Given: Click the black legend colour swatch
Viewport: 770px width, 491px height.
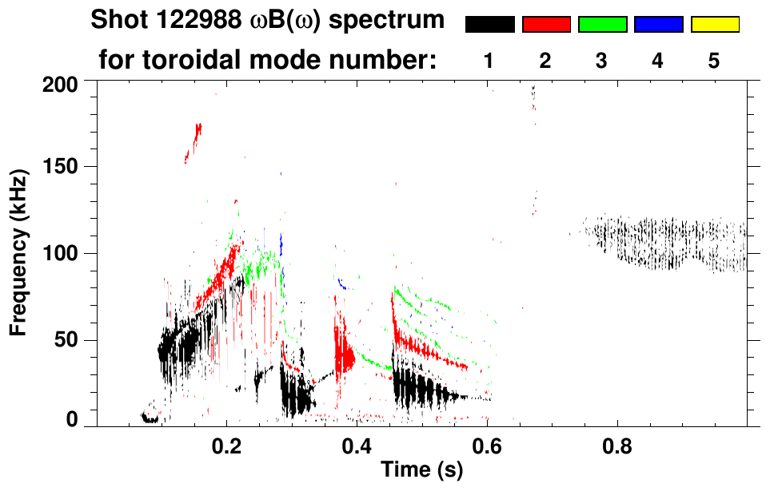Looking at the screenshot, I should coord(490,25).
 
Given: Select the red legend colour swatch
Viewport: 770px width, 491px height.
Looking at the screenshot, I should coord(546,25).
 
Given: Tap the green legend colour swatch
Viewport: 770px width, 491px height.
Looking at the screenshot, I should coord(602,25).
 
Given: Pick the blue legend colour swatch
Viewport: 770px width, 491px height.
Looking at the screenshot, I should coord(658,25).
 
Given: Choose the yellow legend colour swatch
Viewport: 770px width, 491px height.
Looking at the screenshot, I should coord(715,25).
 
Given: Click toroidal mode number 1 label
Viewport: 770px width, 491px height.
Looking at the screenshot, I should coord(489,61).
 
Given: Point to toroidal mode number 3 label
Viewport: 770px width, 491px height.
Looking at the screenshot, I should coord(601,61).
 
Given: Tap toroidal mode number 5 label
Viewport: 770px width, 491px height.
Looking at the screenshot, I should coord(714,61).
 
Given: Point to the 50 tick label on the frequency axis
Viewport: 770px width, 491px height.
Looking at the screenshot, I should coord(70,341).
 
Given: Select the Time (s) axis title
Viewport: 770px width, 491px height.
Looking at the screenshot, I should coord(421,471).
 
